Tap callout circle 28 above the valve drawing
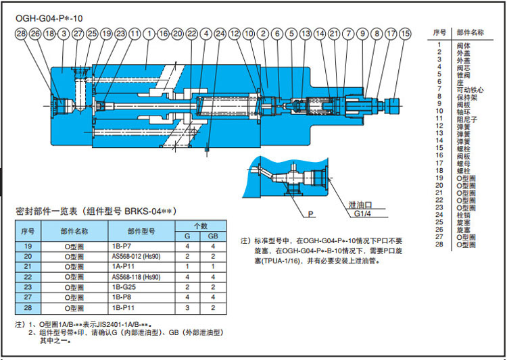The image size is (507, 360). (x=20, y=33)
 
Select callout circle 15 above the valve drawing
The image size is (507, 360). (x=404, y=33)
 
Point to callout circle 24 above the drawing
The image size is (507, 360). (x=220, y=33)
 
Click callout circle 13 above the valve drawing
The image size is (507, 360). (x=306, y=33)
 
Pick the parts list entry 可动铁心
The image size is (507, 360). (x=470, y=89)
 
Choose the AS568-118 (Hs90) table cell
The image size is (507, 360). (x=141, y=276)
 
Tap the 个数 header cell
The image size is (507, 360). (x=200, y=226)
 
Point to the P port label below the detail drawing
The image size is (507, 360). (x=312, y=213)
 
